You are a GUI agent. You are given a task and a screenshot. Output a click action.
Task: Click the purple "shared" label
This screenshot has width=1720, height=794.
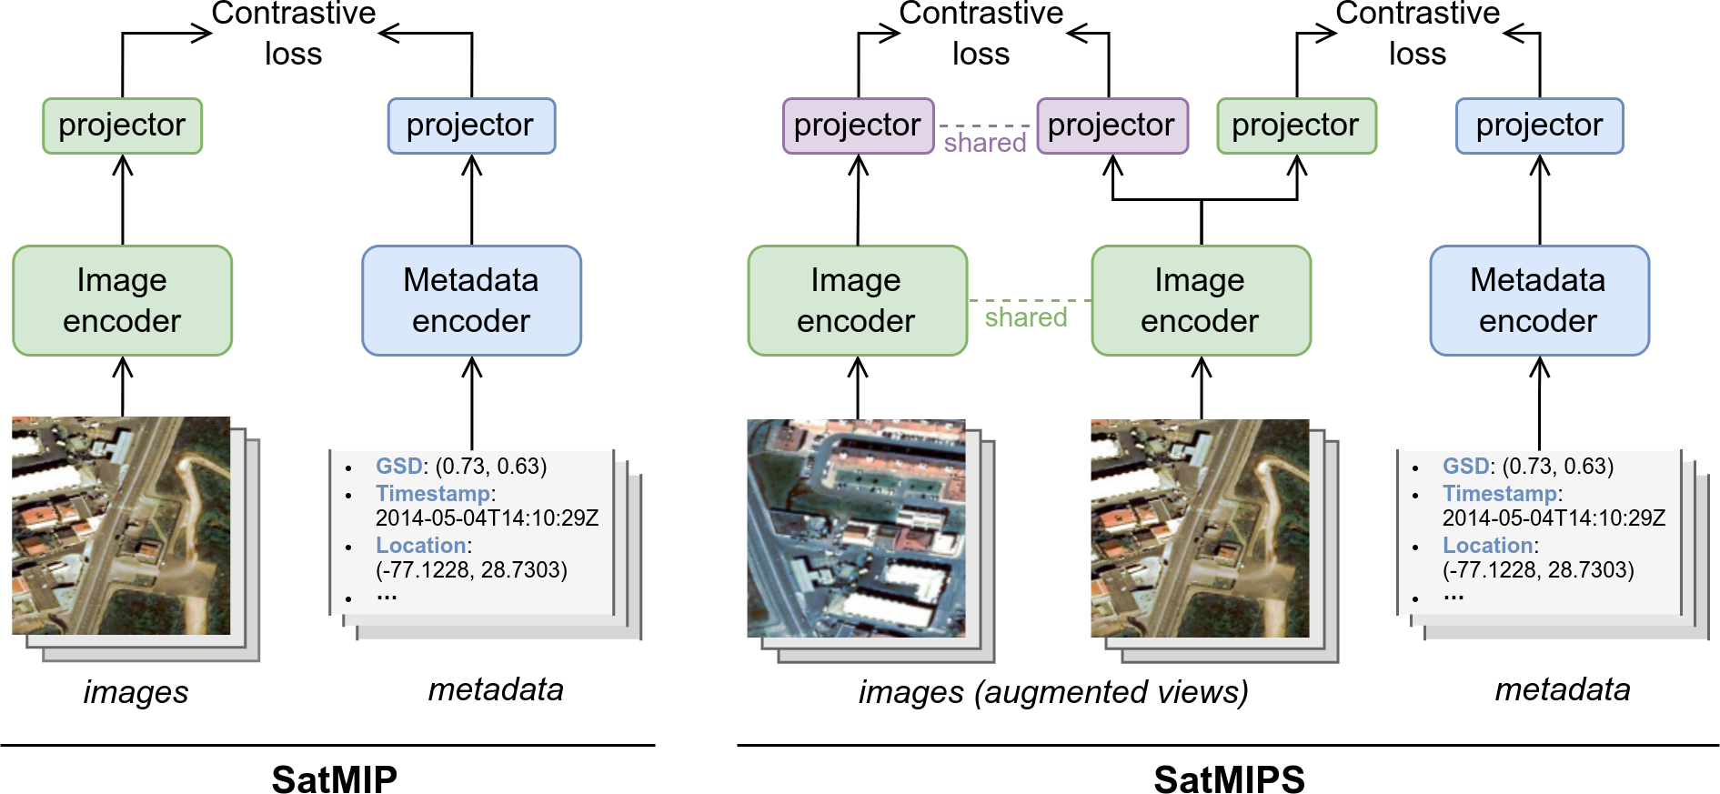pyautogui.click(x=985, y=143)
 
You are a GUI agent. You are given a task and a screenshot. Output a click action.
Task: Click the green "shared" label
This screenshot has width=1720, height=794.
pyautogui.click(x=1026, y=317)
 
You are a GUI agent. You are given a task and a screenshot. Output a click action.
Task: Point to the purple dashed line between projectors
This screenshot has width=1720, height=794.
pyautogui.click(x=985, y=126)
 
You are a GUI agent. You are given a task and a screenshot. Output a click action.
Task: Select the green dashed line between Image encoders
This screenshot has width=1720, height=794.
pyautogui.click(x=1029, y=300)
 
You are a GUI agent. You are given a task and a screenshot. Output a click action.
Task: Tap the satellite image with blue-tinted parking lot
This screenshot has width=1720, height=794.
pyautogui.click(x=856, y=528)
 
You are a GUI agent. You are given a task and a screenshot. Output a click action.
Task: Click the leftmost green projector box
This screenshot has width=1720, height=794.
pyautogui.click(x=123, y=126)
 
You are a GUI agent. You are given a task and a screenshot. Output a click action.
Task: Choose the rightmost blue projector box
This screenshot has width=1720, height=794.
pyautogui.click(x=1539, y=126)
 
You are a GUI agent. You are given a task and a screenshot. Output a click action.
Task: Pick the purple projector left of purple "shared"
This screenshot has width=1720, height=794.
pyautogui.click(x=858, y=126)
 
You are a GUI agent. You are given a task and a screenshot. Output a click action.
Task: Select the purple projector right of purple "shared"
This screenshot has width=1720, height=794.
pyautogui.click(x=1111, y=126)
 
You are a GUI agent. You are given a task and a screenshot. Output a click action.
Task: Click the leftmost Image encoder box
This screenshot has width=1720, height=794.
pyautogui.click(x=123, y=300)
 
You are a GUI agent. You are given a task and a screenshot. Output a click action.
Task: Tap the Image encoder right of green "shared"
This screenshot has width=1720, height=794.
pyautogui.click(x=1201, y=300)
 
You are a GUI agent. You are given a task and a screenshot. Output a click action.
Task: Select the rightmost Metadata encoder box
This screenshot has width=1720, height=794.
pyautogui.click(x=1539, y=300)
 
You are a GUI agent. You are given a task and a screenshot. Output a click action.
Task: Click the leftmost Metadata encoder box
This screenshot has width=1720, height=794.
pyautogui.click(x=471, y=300)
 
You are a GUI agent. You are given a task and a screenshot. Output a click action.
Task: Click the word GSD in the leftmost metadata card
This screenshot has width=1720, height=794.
pyautogui.click(x=398, y=467)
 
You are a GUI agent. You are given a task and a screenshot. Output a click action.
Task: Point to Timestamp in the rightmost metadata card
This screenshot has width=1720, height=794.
pyautogui.click(x=1499, y=494)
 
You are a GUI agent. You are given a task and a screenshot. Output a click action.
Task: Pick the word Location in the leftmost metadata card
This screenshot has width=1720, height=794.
pyautogui.click(x=420, y=546)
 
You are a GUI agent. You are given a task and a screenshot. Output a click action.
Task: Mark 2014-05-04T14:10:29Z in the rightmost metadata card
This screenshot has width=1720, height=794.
pyautogui.click(x=1554, y=518)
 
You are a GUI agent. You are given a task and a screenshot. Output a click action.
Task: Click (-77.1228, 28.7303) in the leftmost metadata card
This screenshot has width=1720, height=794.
pyautogui.click(x=471, y=570)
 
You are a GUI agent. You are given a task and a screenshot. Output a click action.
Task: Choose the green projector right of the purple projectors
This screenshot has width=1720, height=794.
pyautogui.click(x=1296, y=126)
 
